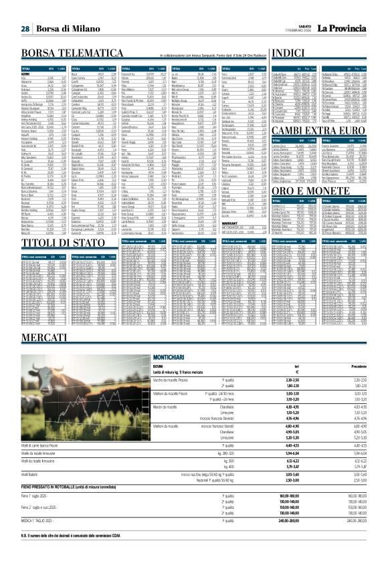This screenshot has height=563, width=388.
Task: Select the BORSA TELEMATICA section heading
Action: (71, 53)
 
